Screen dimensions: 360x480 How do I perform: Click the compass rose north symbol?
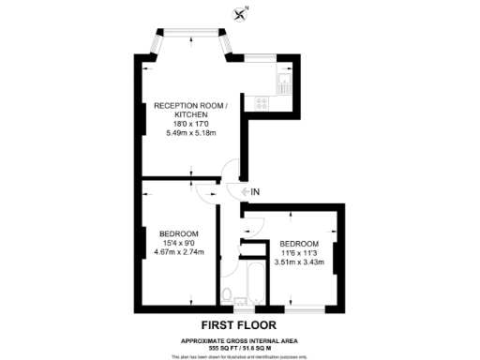244,12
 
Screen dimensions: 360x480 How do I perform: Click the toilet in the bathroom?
229,297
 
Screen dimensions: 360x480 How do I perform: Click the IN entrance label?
254,192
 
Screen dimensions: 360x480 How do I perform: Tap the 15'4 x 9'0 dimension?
178,243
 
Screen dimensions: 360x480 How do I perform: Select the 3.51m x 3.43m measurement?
302,262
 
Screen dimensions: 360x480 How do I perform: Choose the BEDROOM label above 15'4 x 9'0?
178,233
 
